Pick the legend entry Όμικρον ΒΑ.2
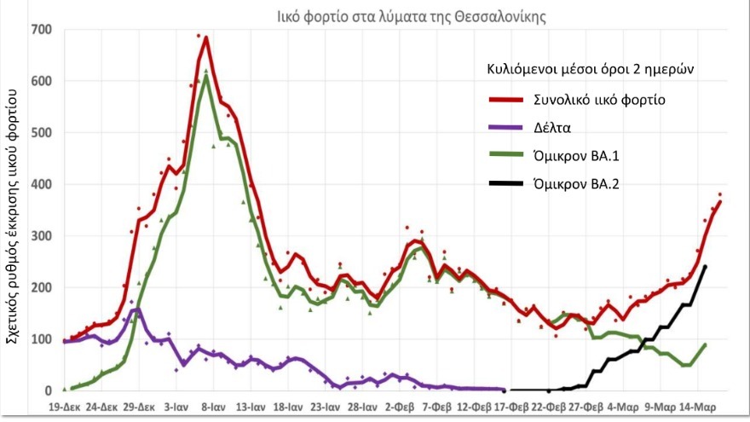pos(575,182)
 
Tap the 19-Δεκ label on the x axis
pos(66,407)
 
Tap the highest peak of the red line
pos(206,38)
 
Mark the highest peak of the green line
pos(206,77)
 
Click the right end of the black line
pos(706,267)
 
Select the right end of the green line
pos(706,344)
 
